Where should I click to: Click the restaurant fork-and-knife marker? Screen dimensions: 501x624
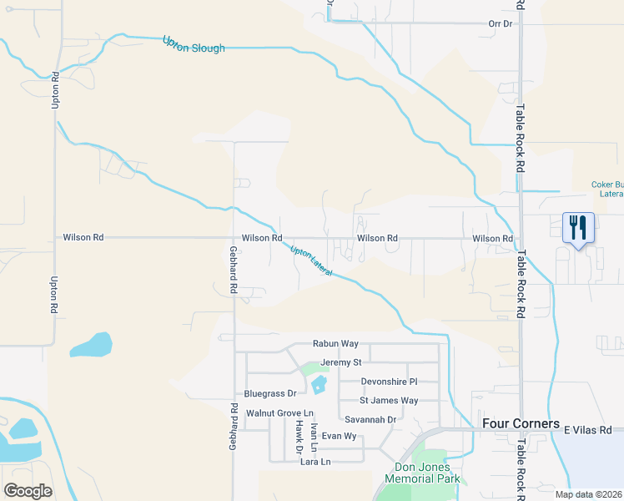click(578, 227)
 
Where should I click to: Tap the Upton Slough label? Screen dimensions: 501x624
click(194, 43)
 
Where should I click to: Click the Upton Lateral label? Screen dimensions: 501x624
click(310, 261)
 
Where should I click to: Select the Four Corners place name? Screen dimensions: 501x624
click(521, 423)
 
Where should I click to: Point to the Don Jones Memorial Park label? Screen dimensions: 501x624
click(422, 473)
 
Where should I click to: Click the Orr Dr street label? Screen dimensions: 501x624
click(500, 23)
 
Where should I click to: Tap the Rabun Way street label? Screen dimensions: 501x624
click(335, 343)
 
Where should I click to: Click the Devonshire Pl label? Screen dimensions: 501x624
click(388, 382)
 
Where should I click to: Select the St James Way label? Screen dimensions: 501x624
click(388, 401)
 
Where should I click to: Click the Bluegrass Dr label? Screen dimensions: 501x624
click(270, 393)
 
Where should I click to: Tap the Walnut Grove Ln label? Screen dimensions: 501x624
click(279, 413)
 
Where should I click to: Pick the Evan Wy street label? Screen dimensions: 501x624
click(339, 436)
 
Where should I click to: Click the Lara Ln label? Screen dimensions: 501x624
click(315, 462)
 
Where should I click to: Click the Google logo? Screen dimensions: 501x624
click(28, 490)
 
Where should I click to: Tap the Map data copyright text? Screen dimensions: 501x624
click(588, 494)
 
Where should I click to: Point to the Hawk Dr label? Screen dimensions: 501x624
click(299, 436)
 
